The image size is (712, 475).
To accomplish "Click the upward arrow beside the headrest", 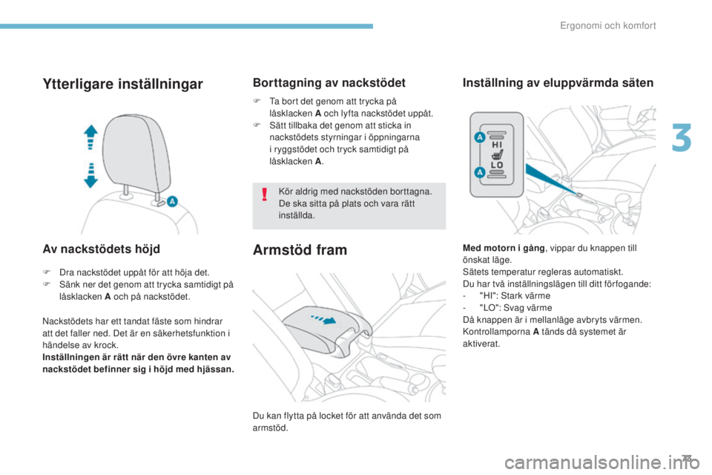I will [x=90, y=138].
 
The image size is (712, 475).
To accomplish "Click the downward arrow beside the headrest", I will [x=90, y=175].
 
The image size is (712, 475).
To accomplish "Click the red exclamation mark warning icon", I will [x=263, y=196].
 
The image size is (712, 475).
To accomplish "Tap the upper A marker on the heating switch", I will [x=479, y=138].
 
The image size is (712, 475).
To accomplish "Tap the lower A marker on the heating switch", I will [x=479, y=172].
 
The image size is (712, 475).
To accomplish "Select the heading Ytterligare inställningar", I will [x=122, y=85].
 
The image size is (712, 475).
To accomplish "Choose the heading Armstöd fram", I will [x=300, y=249].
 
